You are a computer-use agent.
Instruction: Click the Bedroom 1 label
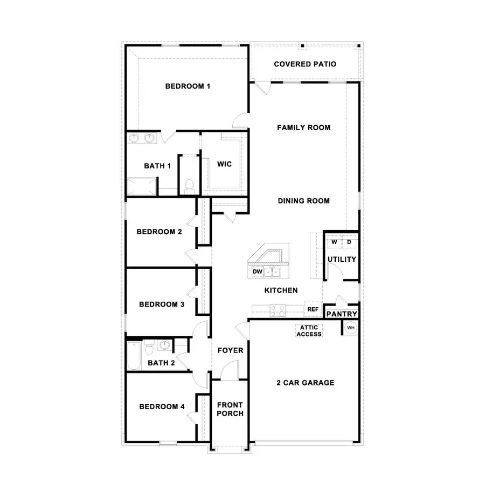[x=188, y=86]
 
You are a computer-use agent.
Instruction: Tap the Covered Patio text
[x=305, y=64]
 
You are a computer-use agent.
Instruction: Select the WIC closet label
[x=224, y=164]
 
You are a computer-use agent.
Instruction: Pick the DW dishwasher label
[x=257, y=272]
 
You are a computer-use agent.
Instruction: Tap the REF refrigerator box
[x=313, y=310]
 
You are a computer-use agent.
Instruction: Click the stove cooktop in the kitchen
[x=278, y=310]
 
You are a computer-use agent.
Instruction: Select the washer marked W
[x=334, y=242]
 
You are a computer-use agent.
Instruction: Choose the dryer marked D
[x=348, y=242]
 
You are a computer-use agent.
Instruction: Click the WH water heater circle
[x=350, y=328]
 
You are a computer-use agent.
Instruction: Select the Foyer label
[x=230, y=350]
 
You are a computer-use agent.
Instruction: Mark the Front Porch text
[x=230, y=409]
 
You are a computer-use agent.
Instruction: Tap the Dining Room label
[x=303, y=201]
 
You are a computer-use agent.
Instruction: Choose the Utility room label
[x=342, y=259]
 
